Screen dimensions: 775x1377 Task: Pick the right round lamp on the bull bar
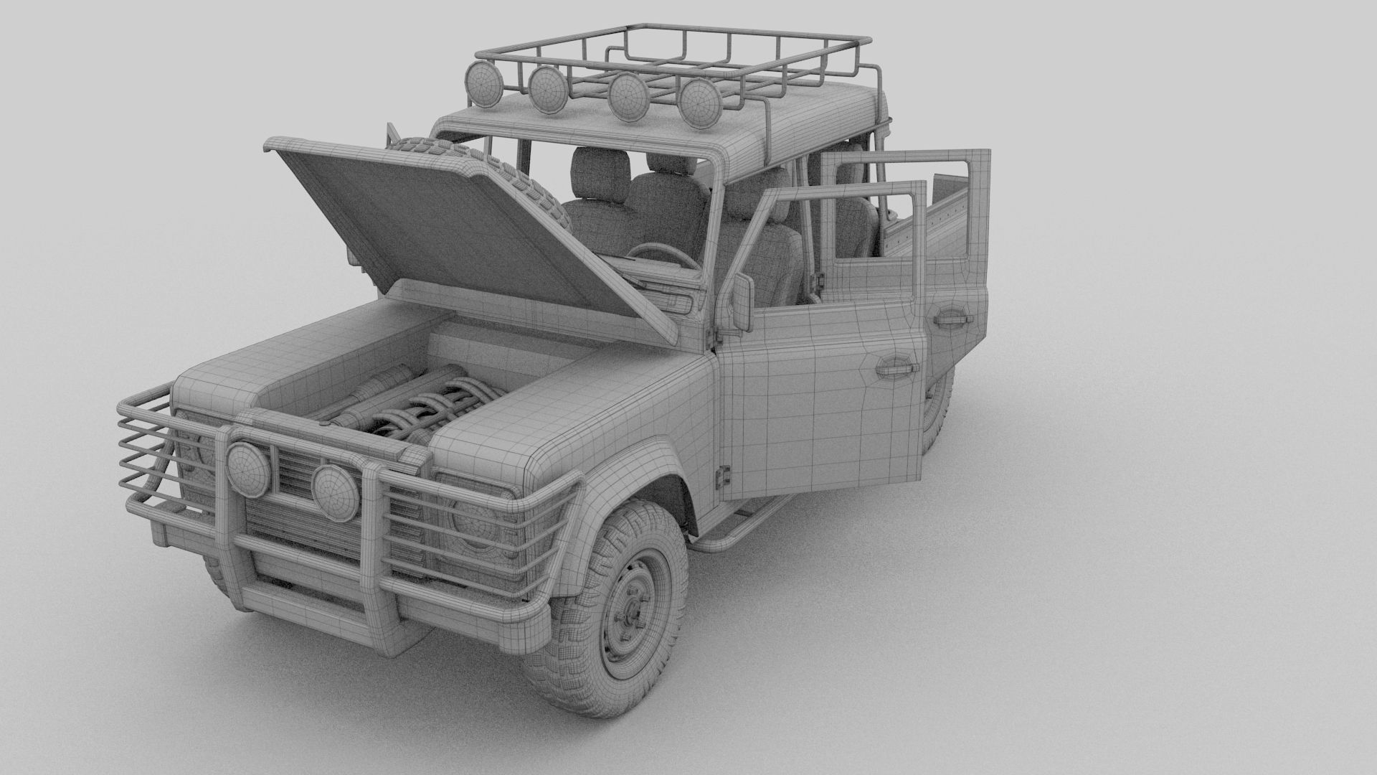click(335, 492)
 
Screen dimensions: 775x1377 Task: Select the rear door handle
click(954, 319)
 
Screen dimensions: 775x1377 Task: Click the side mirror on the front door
click(740, 301)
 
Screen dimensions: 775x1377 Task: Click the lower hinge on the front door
click(724, 474)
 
